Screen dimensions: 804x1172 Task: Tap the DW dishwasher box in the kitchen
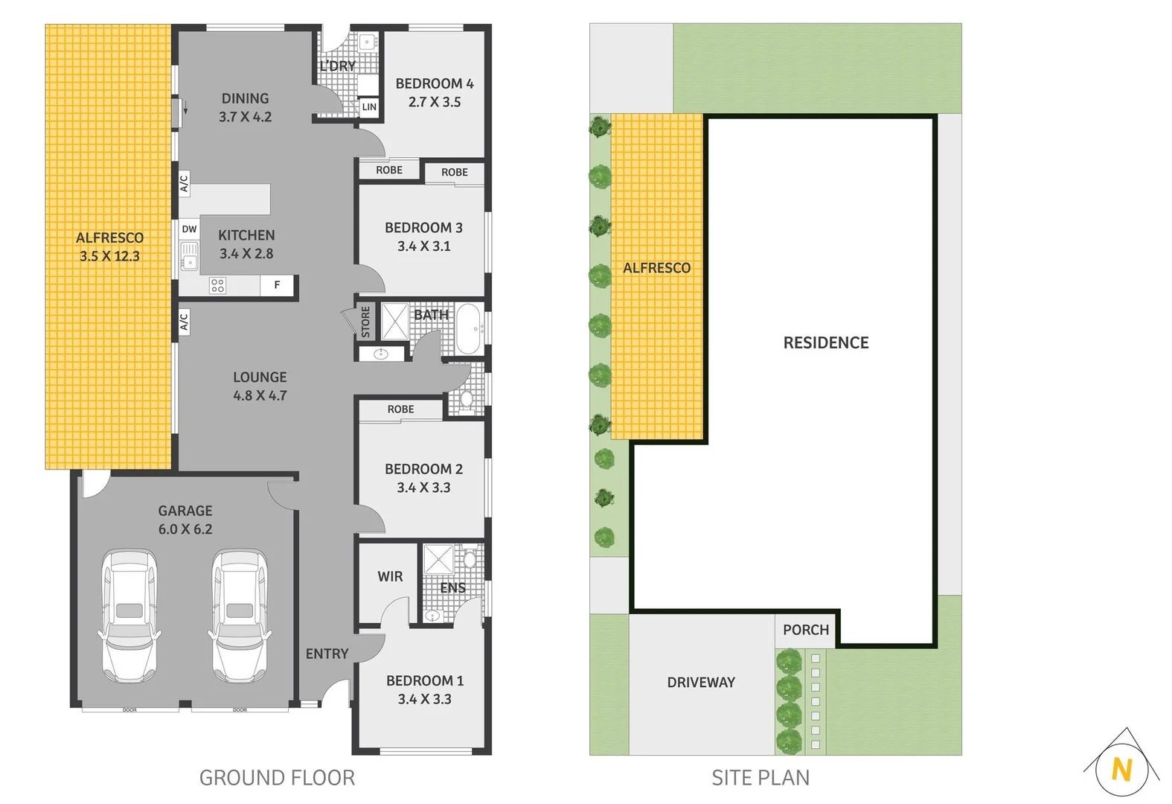click(189, 229)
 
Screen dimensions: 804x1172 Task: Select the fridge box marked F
click(278, 285)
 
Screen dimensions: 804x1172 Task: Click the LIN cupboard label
click(369, 107)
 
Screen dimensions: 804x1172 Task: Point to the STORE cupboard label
click(365, 322)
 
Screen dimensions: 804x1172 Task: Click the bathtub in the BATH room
click(468, 328)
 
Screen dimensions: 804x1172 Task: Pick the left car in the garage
click(129, 616)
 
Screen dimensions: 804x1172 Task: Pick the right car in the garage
click(240, 616)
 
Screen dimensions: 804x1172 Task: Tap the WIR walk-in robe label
click(390, 576)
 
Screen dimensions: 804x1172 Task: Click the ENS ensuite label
click(452, 587)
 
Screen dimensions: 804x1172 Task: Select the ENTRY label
click(327, 654)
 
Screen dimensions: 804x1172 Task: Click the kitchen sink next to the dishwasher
click(190, 255)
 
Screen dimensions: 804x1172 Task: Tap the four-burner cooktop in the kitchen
click(217, 285)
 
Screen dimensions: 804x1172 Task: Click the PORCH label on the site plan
click(805, 630)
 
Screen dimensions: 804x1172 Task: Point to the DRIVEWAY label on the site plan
click(700, 682)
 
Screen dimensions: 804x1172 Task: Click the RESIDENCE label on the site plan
click(825, 342)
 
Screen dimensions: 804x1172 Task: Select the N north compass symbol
click(1121, 768)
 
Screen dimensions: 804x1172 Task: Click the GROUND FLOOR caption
click(277, 778)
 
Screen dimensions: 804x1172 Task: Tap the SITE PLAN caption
click(760, 778)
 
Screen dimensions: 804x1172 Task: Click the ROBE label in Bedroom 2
click(400, 409)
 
